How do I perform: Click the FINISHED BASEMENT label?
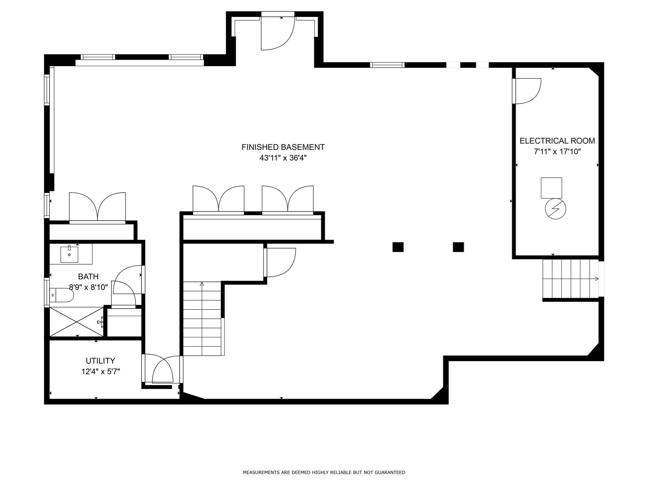[283, 147]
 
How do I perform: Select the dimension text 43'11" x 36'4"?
[283, 158]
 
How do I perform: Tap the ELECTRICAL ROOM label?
[557, 141]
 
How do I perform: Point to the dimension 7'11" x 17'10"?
[557, 152]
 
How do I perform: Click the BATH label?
[88, 277]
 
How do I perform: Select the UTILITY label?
[100, 361]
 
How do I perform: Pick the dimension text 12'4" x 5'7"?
[100, 371]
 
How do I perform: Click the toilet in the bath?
[62, 295]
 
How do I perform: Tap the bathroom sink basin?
[69, 255]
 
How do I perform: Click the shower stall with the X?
[77, 322]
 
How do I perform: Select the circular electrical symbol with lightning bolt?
[555, 209]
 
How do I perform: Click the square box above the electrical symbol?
[551, 188]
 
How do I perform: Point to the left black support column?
[398, 247]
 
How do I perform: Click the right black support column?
[458, 247]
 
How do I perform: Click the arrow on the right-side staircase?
[596, 279]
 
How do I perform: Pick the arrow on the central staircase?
[202, 284]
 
